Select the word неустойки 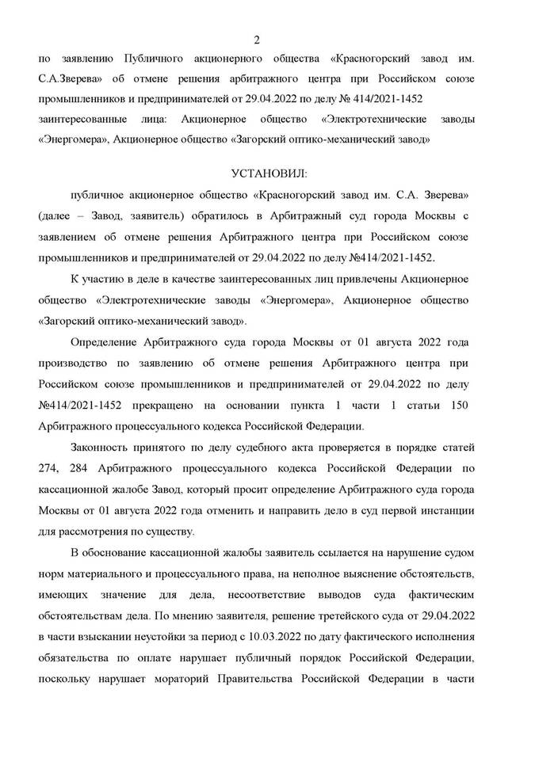click(148, 633)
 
